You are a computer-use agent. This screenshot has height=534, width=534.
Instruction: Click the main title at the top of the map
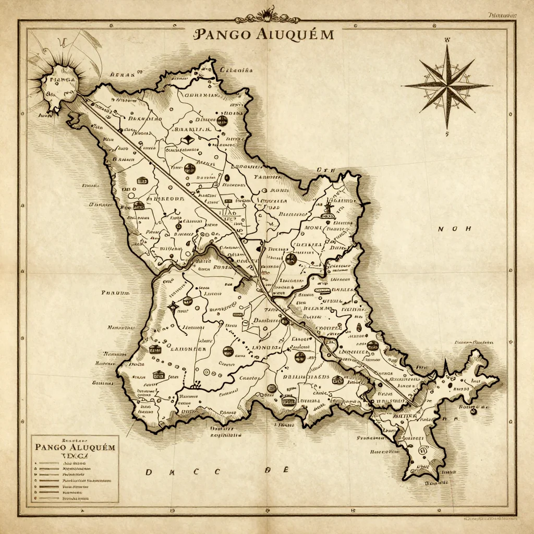coord(263,34)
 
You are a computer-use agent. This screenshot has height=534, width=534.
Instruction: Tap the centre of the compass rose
coord(447,86)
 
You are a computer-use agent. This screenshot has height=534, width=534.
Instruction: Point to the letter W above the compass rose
coord(447,40)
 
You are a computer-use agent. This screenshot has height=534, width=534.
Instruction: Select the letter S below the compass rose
coord(447,133)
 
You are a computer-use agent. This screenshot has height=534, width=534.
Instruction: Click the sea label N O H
coord(454,229)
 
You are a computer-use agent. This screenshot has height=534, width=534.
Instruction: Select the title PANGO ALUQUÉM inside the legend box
coord(75,447)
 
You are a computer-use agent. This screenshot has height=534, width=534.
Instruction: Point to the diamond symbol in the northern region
coord(189,139)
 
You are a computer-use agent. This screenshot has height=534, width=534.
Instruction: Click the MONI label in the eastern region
coord(314,227)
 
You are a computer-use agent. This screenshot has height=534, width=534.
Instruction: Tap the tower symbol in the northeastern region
coord(328,209)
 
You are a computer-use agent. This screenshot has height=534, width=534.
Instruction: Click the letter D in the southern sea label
coord(149,472)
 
